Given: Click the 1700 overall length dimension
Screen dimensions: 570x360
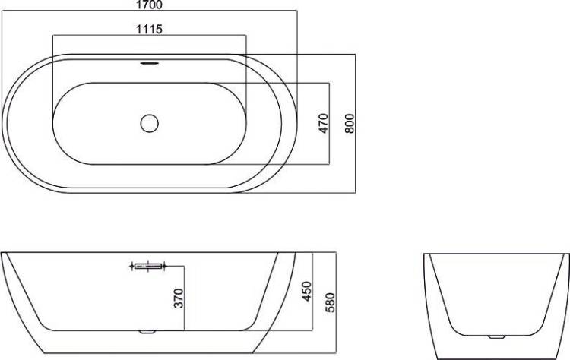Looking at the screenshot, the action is pos(149,5).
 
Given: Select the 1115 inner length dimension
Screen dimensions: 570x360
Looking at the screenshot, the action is pos(149,29).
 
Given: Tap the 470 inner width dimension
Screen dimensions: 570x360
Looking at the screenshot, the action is pos(323,124).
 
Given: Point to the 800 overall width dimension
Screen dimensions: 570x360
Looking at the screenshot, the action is pos(349,124).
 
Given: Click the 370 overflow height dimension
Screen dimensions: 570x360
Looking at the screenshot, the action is pos(179,298).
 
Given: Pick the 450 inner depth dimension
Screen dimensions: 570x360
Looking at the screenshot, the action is pos(306,292).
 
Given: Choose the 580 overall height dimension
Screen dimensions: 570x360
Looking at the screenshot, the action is pos(330,302).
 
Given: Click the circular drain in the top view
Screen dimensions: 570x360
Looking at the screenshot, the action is pos(150,124).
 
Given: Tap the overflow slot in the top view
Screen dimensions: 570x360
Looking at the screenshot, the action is pos(150,63).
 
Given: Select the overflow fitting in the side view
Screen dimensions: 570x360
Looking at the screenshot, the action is pos(148,267).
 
